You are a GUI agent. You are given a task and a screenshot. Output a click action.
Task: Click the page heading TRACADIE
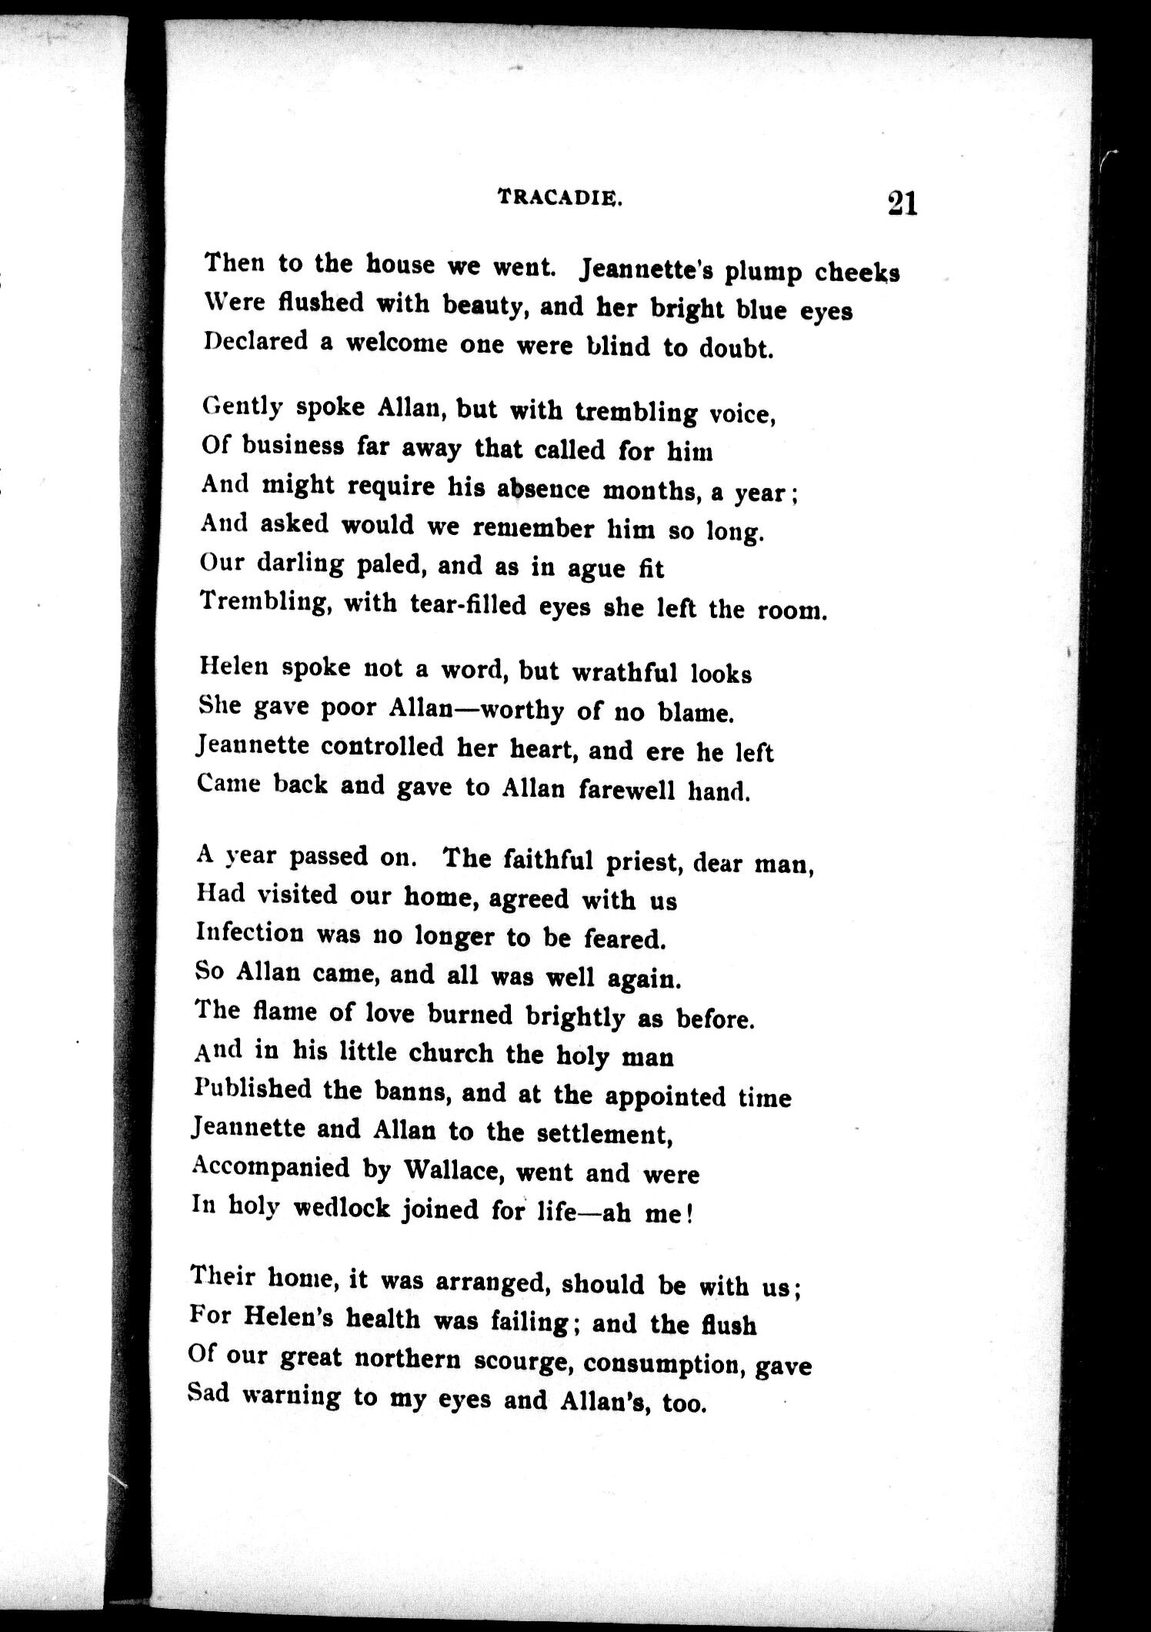click(560, 197)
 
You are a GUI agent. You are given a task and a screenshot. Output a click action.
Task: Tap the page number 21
click(902, 203)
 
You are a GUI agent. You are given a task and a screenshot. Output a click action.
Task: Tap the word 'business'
click(292, 446)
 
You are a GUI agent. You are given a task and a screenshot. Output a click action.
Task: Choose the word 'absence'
click(544, 489)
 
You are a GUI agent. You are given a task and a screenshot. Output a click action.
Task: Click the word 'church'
click(451, 1052)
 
